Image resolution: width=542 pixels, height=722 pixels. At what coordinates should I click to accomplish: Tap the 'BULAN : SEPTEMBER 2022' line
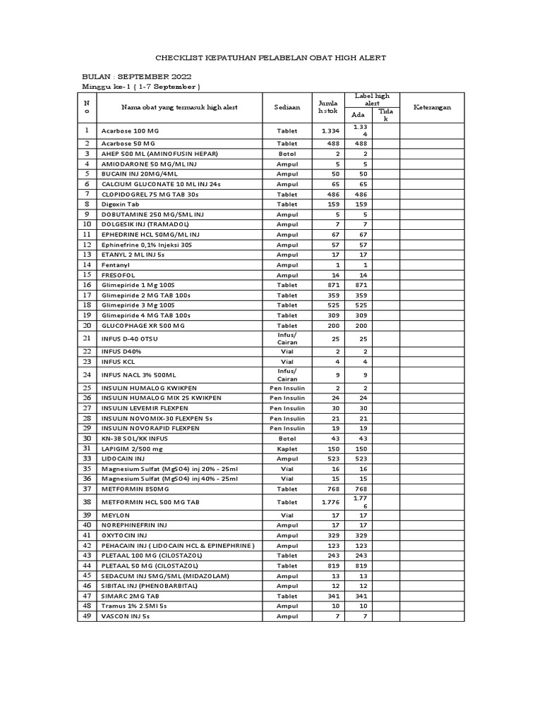136,76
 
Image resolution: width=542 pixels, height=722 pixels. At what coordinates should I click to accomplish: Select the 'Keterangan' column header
432,107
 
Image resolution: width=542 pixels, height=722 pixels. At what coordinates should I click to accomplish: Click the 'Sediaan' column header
287,107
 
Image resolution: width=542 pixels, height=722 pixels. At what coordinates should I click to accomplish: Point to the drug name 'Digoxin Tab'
120,204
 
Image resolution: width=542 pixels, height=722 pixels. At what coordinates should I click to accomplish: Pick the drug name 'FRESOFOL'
118,274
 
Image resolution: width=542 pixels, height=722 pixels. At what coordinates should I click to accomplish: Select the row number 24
88,375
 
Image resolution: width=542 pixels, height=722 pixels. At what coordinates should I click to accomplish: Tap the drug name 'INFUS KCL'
119,361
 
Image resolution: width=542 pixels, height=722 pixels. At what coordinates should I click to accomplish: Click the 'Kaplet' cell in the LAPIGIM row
287,448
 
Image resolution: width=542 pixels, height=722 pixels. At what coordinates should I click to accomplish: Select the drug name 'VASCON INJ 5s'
126,616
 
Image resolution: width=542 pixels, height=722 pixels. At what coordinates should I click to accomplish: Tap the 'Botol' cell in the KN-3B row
287,439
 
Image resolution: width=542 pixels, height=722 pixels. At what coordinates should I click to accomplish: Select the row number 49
88,616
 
